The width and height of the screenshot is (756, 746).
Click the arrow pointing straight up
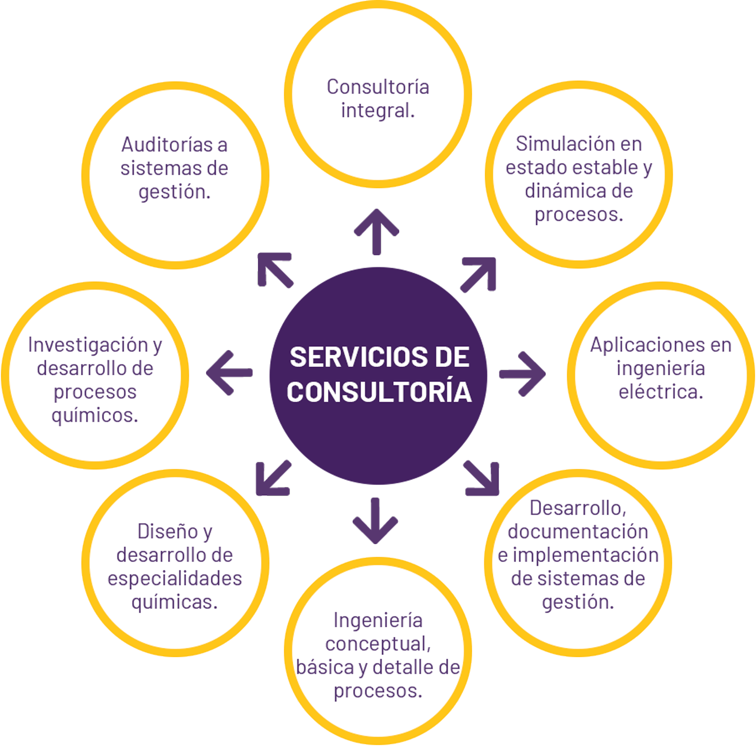[x=376, y=232]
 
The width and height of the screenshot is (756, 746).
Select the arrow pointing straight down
[x=375, y=521]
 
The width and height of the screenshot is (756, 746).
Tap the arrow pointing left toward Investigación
[x=229, y=373]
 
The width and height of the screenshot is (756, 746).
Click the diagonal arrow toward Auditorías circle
[x=275, y=270]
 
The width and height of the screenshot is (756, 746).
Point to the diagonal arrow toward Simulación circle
[x=478, y=275]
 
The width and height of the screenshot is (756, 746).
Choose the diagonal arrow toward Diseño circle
[x=274, y=478]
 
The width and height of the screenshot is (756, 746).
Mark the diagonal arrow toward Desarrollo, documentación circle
[x=481, y=478]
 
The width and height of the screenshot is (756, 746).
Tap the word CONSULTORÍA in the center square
[x=379, y=392]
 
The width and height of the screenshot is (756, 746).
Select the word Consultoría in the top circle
[x=378, y=87]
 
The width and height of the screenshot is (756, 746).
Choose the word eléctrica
[x=660, y=392]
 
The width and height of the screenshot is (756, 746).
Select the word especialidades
[x=175, y=578]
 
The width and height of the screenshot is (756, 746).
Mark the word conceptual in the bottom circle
[x=378, y=644]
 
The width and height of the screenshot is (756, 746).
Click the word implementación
[x=585, y=555]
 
